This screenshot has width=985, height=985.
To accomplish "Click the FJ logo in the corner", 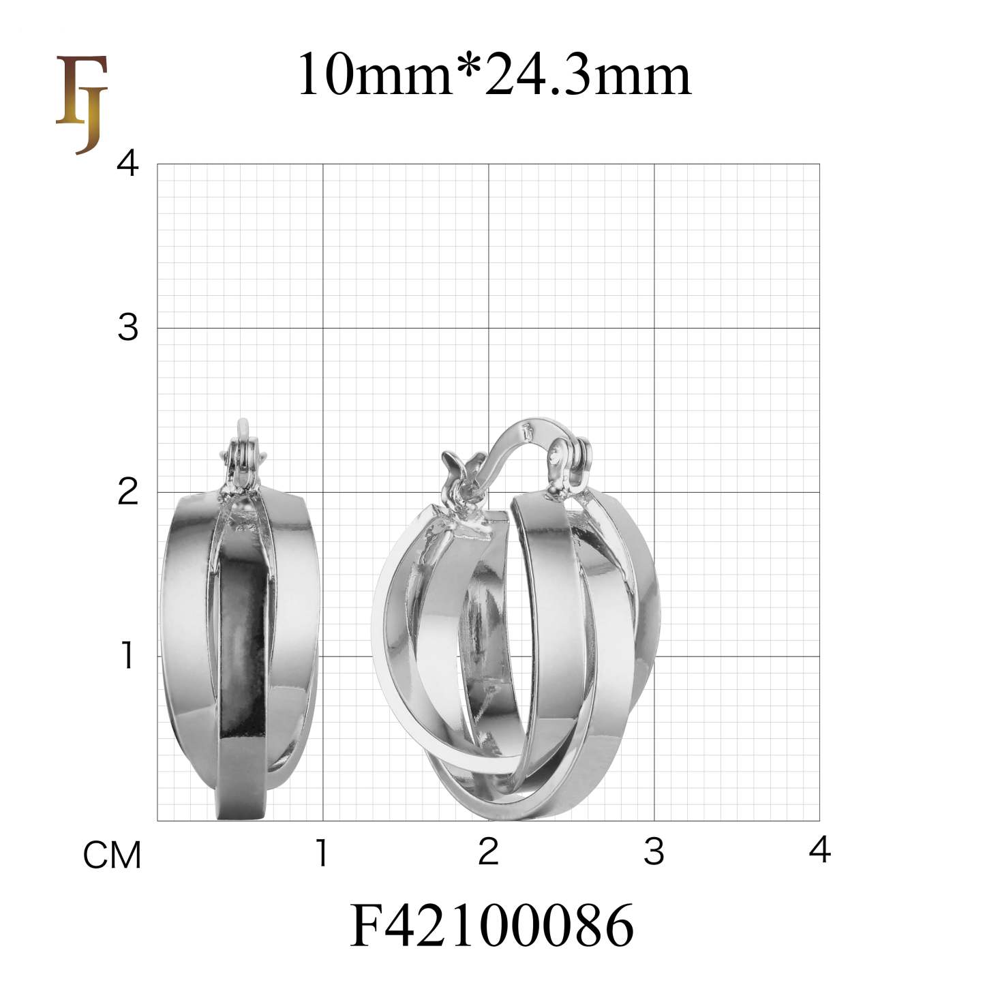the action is pos(82,105).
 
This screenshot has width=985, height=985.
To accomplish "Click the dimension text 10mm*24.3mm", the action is pos(494,74).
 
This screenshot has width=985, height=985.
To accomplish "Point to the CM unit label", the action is pos(112,855).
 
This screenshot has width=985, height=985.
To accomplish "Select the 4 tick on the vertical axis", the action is pos(127,164).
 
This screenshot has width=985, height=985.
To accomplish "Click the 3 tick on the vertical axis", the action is pos(127,328).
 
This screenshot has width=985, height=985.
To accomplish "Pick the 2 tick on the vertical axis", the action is pos(127,491).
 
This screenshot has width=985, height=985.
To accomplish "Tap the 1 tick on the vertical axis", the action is pos(127,656).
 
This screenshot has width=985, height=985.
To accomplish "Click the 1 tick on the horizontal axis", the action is pos(322,852).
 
